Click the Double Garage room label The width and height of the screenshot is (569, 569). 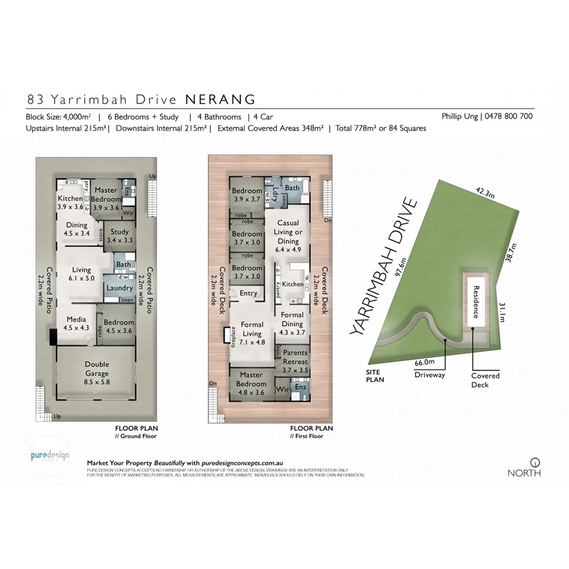tap(97, 369)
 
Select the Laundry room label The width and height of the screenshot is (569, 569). tap(120, 288)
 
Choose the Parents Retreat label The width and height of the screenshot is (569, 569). tap(295, 357)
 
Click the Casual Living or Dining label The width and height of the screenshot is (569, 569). tap(289, 232)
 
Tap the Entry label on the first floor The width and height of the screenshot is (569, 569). tap(248, 294)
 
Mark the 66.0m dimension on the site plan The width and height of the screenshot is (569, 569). tap(424, 362)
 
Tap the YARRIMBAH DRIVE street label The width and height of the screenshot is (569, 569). tap(382, 268)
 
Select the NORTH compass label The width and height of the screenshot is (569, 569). tap(523, 473)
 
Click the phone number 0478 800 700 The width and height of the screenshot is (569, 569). tap(508, 116)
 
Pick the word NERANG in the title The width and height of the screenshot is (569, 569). tap(220, 100)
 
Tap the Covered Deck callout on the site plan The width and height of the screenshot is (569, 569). tap(485, 380)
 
